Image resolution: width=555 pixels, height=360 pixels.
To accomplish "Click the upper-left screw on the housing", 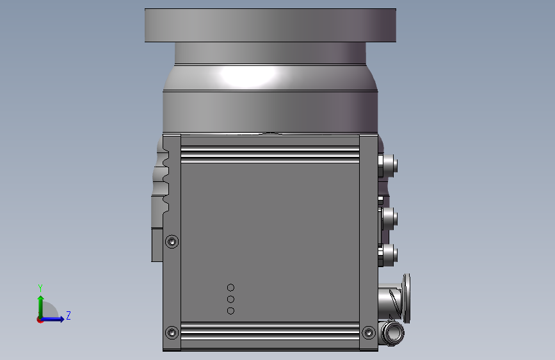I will (x=172, y=241).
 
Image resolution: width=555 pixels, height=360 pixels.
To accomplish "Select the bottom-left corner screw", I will (x=172, y=333).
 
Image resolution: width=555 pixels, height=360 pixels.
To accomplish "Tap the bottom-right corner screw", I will (x=368, y=333).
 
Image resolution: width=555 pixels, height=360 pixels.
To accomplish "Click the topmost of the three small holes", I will (x=231, y=288).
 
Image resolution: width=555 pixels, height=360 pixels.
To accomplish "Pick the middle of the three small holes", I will (x=231, y=299).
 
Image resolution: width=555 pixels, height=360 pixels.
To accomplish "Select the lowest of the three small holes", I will (x=231, y=311).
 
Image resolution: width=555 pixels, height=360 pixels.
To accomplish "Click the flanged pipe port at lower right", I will (x=396, y=298).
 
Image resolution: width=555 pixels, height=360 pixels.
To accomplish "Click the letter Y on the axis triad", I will (x=40, y=288).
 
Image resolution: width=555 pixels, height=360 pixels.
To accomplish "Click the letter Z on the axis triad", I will (x=68, y=316).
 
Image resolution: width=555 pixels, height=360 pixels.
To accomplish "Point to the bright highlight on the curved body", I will (x=250, y=77).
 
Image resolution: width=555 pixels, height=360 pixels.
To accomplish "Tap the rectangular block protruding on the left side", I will (x=157, y=245).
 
